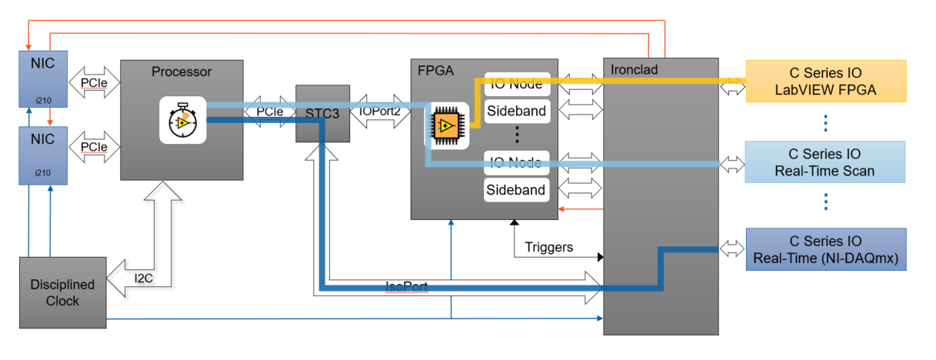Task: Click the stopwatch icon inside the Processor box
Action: (x=182, y=119)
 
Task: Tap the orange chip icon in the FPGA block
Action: (x=446, y=125)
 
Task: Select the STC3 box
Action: (x=322, y=113)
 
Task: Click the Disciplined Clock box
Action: (x=62, y=292)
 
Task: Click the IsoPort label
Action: (x=407, y=286)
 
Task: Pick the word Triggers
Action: (x=549, y=247)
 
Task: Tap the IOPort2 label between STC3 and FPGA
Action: (x=380, y=111)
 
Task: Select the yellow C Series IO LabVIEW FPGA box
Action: (x=826, y=82)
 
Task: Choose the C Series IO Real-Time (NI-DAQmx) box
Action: (x=825, y=249)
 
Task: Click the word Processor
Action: (x=181, y=72)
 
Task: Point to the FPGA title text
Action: (x=435, y=71)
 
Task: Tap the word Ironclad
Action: (x=634, y=70)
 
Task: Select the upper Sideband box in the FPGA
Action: (x=516, y=111)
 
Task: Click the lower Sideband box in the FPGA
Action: (x=516, y=190)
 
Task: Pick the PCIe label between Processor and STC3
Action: (x=269, y=112)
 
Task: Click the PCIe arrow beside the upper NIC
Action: (x=94, y=80)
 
